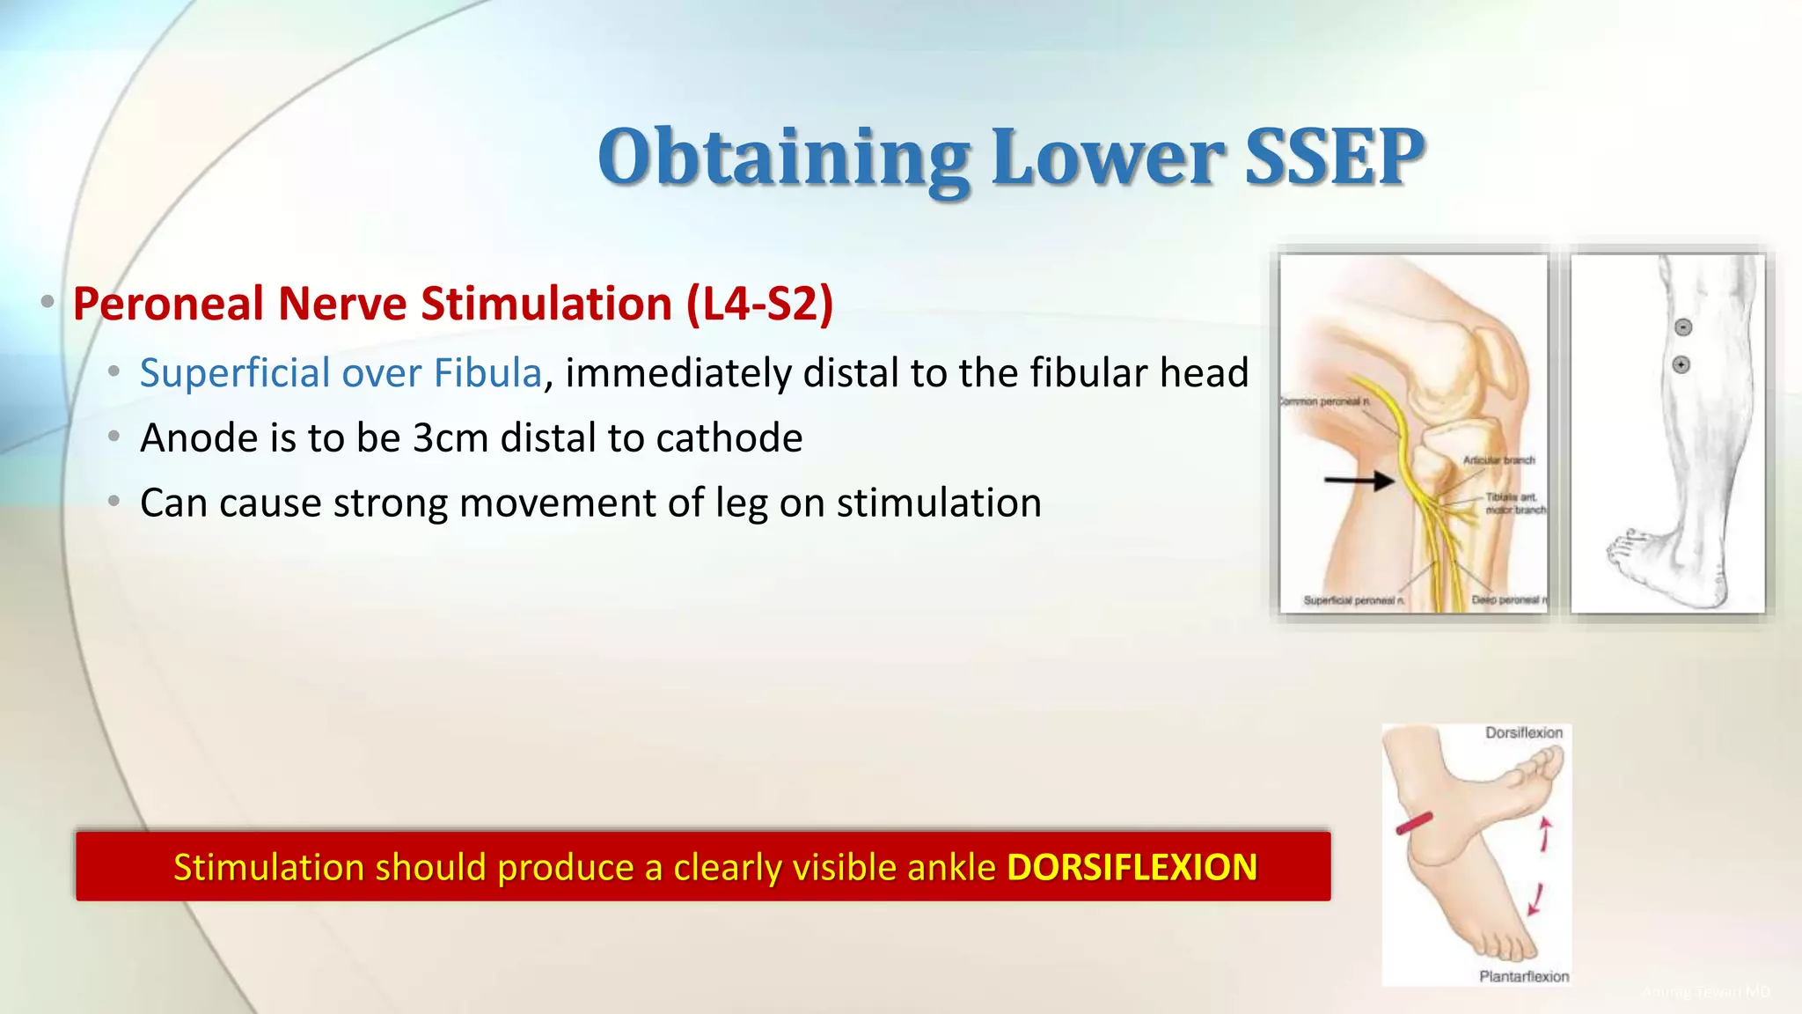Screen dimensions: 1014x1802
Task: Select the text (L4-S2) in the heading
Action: point(759,304)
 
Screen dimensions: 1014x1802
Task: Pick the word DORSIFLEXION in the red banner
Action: point(1132,868)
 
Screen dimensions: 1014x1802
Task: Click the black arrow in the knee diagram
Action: point(1359,481)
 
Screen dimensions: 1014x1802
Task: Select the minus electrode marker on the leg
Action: point(1682,327)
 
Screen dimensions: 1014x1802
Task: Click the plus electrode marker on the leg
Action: point(1681,364)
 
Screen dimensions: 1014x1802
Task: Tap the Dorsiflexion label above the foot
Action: point(1524,732)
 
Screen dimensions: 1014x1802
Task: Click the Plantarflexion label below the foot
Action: point(1524,976)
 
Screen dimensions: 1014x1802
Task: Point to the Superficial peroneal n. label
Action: point(1353,600)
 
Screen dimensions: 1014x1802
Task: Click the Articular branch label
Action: point(1498,460)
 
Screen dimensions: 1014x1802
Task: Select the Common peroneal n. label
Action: point(1324,401)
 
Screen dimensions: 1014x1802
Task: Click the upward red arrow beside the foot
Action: point(1545,834)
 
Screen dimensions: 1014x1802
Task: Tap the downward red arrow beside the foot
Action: point(1536,900)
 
